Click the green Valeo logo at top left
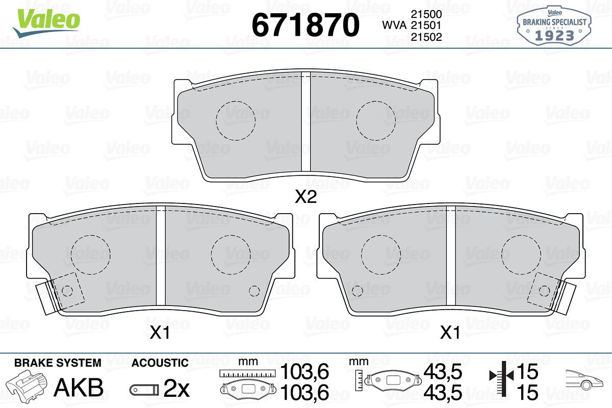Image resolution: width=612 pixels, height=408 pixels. point(47,22)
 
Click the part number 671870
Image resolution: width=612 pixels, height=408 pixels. point(305,25)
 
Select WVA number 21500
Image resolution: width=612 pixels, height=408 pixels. point(426,14)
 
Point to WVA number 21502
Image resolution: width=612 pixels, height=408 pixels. point(426,37)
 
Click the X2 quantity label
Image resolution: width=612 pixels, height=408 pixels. point(305,197)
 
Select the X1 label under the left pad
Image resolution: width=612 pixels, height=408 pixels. point(160,333)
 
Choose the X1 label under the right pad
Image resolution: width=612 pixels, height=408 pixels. point(450,333)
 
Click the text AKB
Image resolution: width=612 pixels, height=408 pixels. point(79,388)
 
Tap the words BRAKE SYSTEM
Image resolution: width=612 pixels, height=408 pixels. point(58,363)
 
